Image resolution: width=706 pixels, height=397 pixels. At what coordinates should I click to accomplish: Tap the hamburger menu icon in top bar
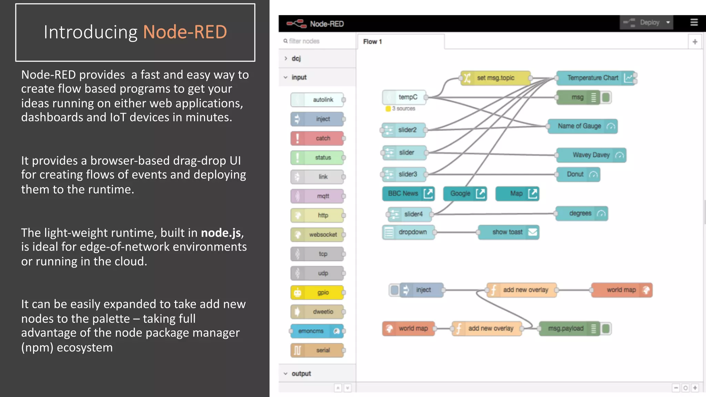(694, 22)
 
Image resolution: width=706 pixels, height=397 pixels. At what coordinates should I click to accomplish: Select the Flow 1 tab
(372, 42)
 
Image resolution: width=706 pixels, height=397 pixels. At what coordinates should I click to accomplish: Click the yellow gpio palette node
(317, 293)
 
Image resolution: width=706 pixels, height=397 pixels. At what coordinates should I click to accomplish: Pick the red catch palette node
(317, 138)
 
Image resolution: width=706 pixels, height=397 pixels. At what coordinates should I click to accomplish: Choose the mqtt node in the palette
(317, 196)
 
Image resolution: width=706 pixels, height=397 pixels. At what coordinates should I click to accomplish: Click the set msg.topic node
(495, 78)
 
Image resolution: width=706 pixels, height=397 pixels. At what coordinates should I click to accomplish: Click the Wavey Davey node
(591, 155)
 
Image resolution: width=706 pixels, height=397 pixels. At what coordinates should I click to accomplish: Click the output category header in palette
(301, 374)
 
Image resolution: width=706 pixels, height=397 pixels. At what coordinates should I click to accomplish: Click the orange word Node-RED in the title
(185, 32)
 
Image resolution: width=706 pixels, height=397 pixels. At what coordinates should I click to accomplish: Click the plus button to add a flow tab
(695, 42)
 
